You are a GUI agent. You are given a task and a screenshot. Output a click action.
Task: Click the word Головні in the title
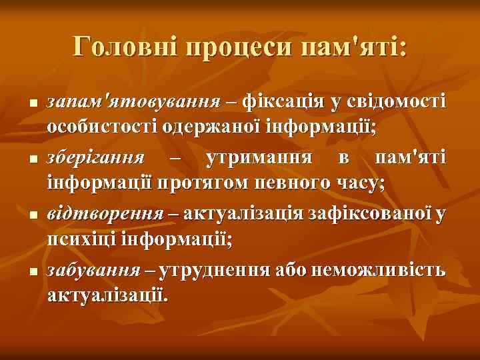[125, 47]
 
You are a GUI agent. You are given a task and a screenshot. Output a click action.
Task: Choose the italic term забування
[94, 271]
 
